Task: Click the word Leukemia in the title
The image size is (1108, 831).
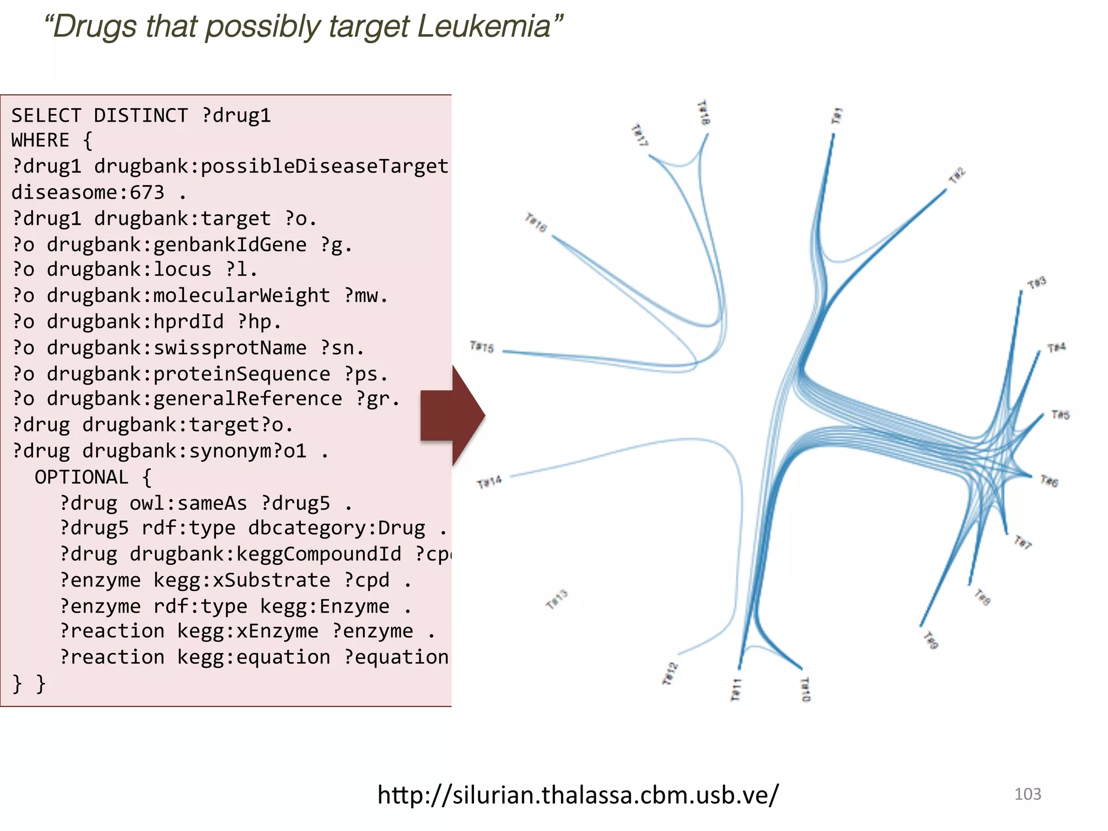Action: tap(484, 27)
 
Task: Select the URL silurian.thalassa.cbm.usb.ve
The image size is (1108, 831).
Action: tap(578, 795)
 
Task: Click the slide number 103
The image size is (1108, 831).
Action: tap(1027, 794)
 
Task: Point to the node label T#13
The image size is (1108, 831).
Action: tap(557, 599)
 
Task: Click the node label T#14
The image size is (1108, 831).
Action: tap(489, 481)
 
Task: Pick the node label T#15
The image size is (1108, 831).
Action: tap(482, 347)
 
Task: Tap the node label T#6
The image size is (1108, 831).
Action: tap(1049, 480)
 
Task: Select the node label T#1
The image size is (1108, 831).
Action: tap(837, 115)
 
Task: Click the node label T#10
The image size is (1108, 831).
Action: tap(806, 689)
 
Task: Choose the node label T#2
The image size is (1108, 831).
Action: tap(957, 176)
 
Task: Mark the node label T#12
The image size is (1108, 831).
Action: tap(670, 674)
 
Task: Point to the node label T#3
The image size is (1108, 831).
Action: tap(1037, 283)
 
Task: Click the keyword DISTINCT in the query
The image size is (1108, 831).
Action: tap(141, 116)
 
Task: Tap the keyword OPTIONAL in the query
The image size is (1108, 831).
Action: tap(82, 477)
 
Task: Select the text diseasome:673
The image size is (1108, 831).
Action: tap(88, 193)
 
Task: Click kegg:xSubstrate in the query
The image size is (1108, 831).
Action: tap(241, 580)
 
